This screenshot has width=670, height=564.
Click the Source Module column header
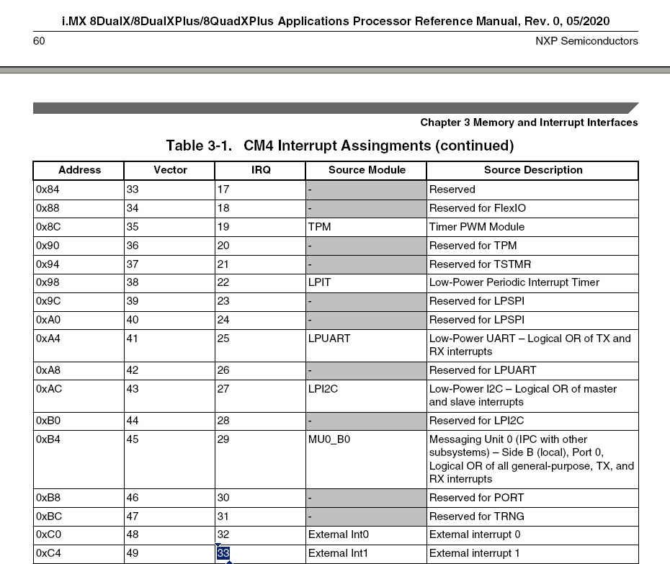pyautogui.click(x=367, y=170)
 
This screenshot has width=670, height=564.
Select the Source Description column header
pyautogui.click(x=533, y=170)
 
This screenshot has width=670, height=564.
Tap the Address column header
pyautogui.click(x=79, y=170)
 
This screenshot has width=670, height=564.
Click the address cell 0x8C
pyautogui.click(x=48, y=227)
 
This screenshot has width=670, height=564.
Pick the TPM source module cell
pyautogui.click(x=320, y=227)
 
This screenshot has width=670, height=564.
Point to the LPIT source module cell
pyautogui.click(x=320, y=282)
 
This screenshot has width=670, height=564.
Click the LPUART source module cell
pyautogui.click(x=329, y=339)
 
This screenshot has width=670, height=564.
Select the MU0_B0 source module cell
pyautogui.click(x=329, y=439)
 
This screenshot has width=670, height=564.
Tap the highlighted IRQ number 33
pyautogui.click(x=223, y=553)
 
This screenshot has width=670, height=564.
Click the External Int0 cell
pyautogui.click(x=338, y=534)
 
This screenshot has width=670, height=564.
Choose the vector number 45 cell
pyautogui.click(x=133, y=439)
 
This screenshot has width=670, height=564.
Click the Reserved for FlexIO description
pyautogui.click(x=478, y=208)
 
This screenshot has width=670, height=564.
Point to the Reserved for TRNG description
pyautogui.click(x=477, y=516)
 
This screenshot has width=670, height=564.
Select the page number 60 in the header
pyautogui.click(x=39, y=41)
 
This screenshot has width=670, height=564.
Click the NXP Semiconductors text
pyautogui.click(x=586, y=41)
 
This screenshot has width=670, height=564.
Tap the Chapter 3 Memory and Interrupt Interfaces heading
pyautogui.click(x=529, y=122)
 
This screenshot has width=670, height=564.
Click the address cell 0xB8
pyautogui.click(x=48, y=498)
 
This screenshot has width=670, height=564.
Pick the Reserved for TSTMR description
pyautogui.click(x=480, y=264)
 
